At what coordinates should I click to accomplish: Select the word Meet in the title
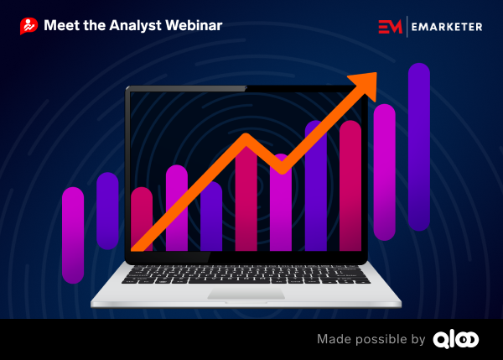(62, 25)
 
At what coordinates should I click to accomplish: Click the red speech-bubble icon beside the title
(29, 26)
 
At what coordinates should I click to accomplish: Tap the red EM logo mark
(390, 26)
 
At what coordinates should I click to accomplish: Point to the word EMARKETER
(447, 27)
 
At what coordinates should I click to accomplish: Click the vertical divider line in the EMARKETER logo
(407, 27)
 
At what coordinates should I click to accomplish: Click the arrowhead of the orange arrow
(366, 84)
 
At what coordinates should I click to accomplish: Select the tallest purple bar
(419, 147)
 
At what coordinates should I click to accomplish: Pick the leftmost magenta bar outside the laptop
(73, 236)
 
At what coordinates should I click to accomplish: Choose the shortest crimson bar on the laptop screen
(142, 219)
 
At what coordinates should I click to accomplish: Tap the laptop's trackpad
(246, 294)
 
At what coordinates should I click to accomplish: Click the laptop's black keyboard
(246, 274)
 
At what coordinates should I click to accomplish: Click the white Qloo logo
(456, 340)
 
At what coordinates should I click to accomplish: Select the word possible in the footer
(381, 340)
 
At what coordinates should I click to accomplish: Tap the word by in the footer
(418, 340)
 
